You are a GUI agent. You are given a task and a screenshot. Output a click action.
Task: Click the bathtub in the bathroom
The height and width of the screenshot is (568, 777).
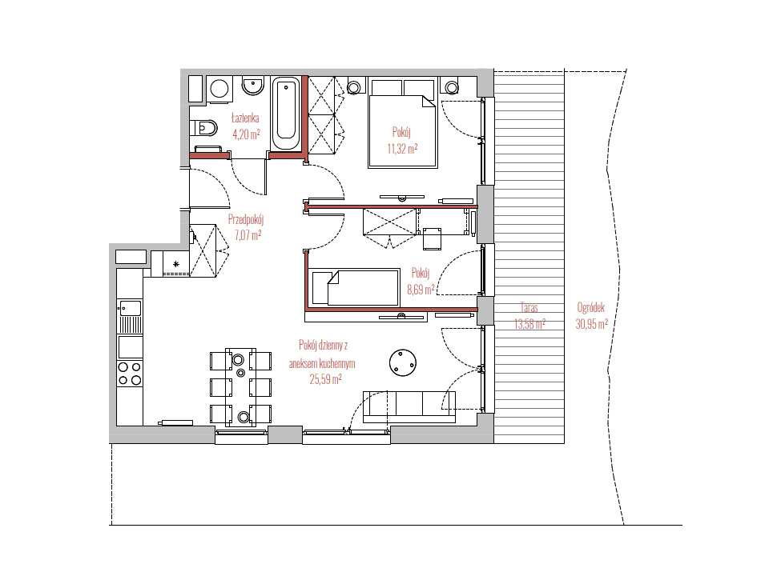tap(286, 114)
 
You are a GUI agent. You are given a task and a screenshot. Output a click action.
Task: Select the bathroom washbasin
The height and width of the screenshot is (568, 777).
tap(253, 85)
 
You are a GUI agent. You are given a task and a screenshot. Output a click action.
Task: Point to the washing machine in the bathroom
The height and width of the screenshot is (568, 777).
tap(219, 89)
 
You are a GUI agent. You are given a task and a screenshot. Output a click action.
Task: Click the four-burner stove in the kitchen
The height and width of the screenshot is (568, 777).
tap(130, 373)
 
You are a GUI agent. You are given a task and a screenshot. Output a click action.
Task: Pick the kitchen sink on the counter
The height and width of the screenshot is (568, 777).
tap(130, 316)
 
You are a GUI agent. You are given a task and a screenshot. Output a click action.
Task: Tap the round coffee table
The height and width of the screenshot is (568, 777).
tap(402, 362)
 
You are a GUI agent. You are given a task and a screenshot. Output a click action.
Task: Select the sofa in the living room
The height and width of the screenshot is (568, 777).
tap(409, 406)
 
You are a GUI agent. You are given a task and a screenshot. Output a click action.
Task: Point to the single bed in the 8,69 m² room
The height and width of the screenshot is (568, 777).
tap(356, 287)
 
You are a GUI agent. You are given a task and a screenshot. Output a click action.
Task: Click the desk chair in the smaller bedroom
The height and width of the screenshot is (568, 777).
tap(432, 238)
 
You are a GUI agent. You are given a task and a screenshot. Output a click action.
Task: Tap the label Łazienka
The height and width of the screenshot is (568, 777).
tap(245, 118)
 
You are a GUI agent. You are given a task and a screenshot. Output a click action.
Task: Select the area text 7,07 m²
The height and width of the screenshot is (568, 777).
tap(247, 235)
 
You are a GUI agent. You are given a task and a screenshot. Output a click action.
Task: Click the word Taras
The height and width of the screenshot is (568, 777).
tap(529, 308)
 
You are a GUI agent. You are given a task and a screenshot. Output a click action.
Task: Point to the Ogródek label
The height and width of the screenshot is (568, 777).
tap(590, 308)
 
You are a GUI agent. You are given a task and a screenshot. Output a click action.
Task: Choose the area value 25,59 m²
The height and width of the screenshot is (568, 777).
tap(325, 379)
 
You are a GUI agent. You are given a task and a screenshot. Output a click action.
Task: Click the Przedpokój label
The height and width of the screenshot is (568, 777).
tap(246, 219)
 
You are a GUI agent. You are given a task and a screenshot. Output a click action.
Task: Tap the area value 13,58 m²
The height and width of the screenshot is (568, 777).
tap(529, 324)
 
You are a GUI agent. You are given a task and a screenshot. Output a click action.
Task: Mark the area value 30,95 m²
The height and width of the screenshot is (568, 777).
tap(592, 324)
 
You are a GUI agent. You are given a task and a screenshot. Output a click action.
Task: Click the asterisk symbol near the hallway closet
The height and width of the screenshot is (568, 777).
tap(176, 264)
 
